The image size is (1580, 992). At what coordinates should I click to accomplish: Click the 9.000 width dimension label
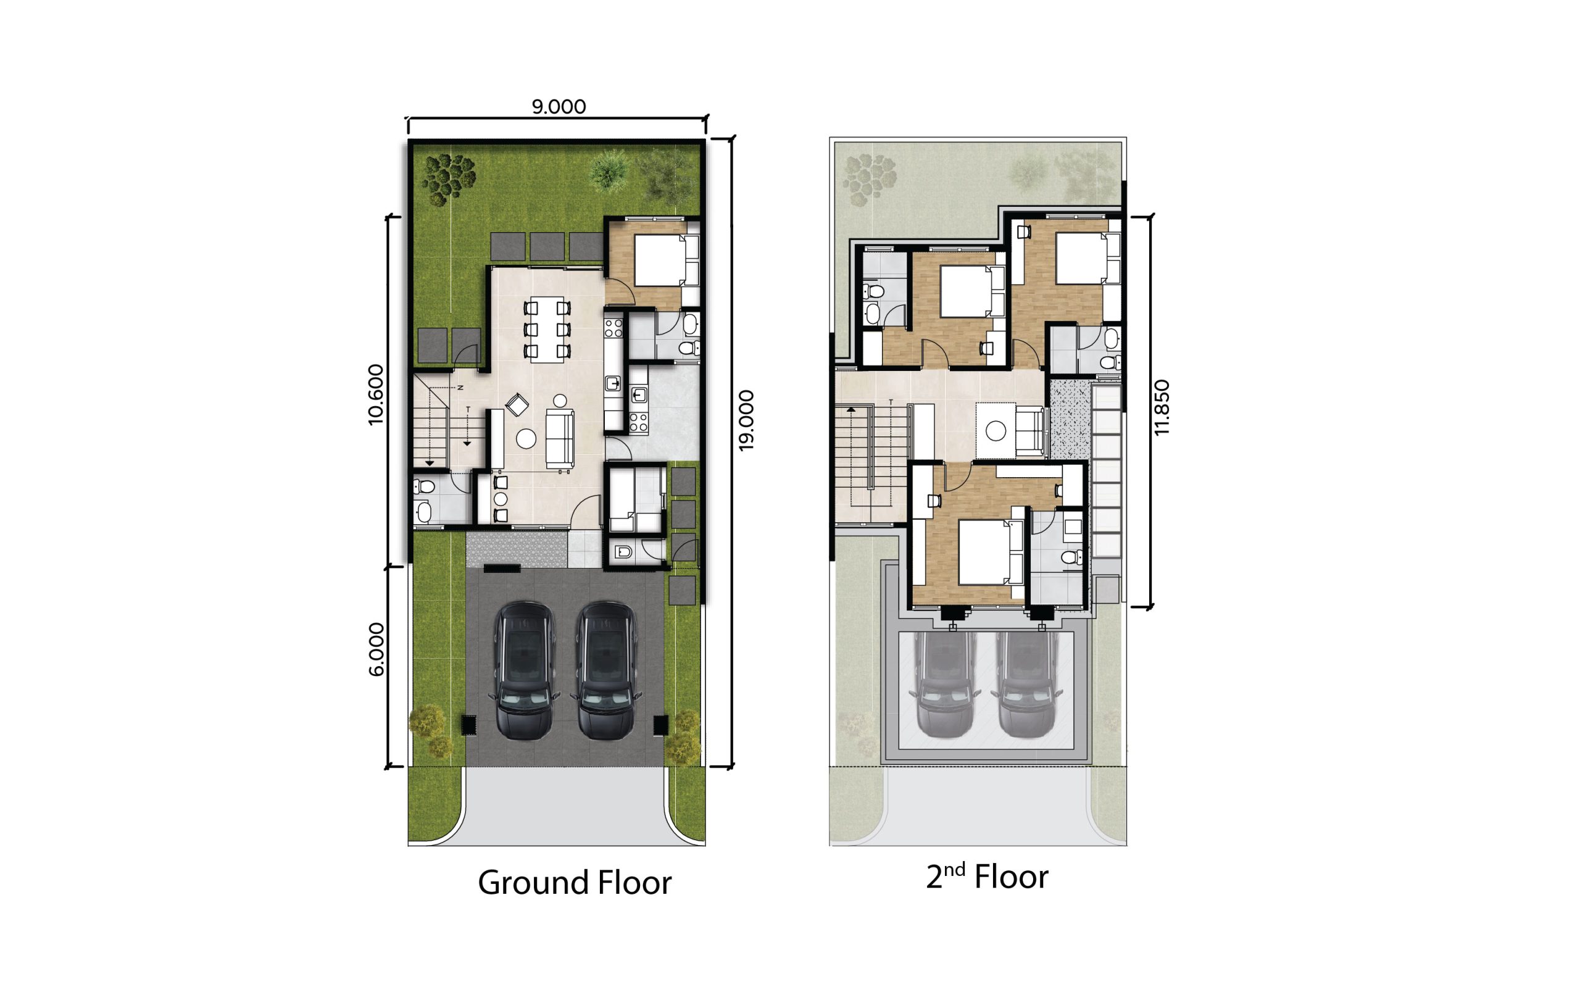pyautogui.click(x=558, y=106)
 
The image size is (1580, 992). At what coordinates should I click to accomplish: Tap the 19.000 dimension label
pyautogui.click(x=746, y=420)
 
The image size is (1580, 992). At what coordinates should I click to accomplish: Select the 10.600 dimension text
pyautogui.click(x=376, y=394)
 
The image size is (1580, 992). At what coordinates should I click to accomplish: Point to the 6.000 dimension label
pyautogui.click(x=376, y=649)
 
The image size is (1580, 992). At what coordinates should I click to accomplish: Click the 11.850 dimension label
pyautogui.click(x=1162, y=407)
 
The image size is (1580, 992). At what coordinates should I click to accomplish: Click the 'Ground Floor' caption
pyautogui.click(x=575, y=883)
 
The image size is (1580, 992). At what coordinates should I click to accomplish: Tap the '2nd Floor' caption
pyautogui.click(x=987, y=877)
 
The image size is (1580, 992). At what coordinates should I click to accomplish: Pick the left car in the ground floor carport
pyautogui.click(x=524, y=670)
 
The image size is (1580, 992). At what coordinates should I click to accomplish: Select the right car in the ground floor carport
pyautogui.click(x=605, y=670)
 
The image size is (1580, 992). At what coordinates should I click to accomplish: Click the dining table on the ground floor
pyautogui.click(x=543, y=330)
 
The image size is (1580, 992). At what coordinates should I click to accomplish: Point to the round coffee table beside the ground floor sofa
pyautogui.click(x=526, y=439)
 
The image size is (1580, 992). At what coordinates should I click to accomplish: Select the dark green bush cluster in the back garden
pyautogui.click(x=449, y=177)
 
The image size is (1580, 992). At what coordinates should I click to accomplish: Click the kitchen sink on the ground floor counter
pyautogui.click(x=613, y=383)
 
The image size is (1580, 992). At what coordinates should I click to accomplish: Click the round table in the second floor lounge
pyautogui.click(x=996, y=431)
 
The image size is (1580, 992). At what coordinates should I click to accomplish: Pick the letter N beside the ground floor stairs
pyautogui.click(x=460, y=388)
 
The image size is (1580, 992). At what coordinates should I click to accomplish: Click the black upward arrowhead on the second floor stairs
pyautogui.click(x=850, y=409)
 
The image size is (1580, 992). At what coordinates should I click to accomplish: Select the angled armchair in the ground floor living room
pyautogui.click(x=517, y=404)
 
